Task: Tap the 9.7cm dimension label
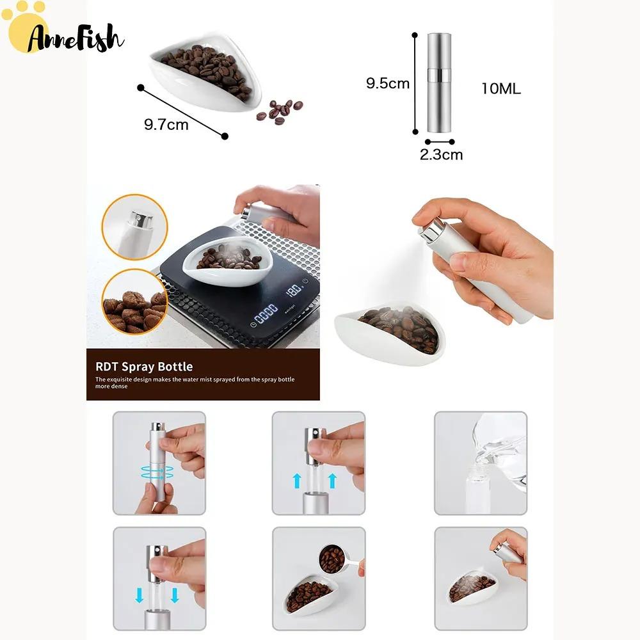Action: (x=166, y=125)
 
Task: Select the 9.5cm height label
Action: (x=387, y=83)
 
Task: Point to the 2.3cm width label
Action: (x=441, y=155)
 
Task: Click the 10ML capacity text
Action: (x=501, y=88)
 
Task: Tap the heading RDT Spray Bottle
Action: (x=144, y=367)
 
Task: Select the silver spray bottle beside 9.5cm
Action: (x=439, y=83)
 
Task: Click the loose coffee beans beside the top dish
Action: (x=280, y=110)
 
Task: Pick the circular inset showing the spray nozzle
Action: (x=134, y=227)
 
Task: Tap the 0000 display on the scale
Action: (x=266, y=314)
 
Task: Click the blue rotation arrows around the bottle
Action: (x=157, y=474)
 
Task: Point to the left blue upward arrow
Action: (x=297, y=481)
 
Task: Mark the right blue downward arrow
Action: (x=175, y=595)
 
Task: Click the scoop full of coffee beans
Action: (x=332, y=559)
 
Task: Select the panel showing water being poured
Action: (x=481, y=463)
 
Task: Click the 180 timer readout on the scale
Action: (x=294, y=289)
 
